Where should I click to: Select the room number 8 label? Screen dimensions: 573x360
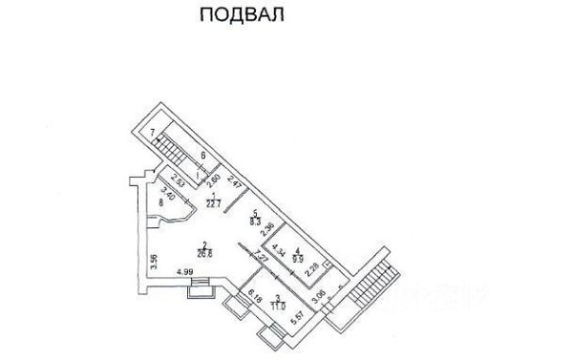pyautogui.click(x=161, y=202)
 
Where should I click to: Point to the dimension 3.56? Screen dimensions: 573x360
pyautogui.click(x=153, y=258)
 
